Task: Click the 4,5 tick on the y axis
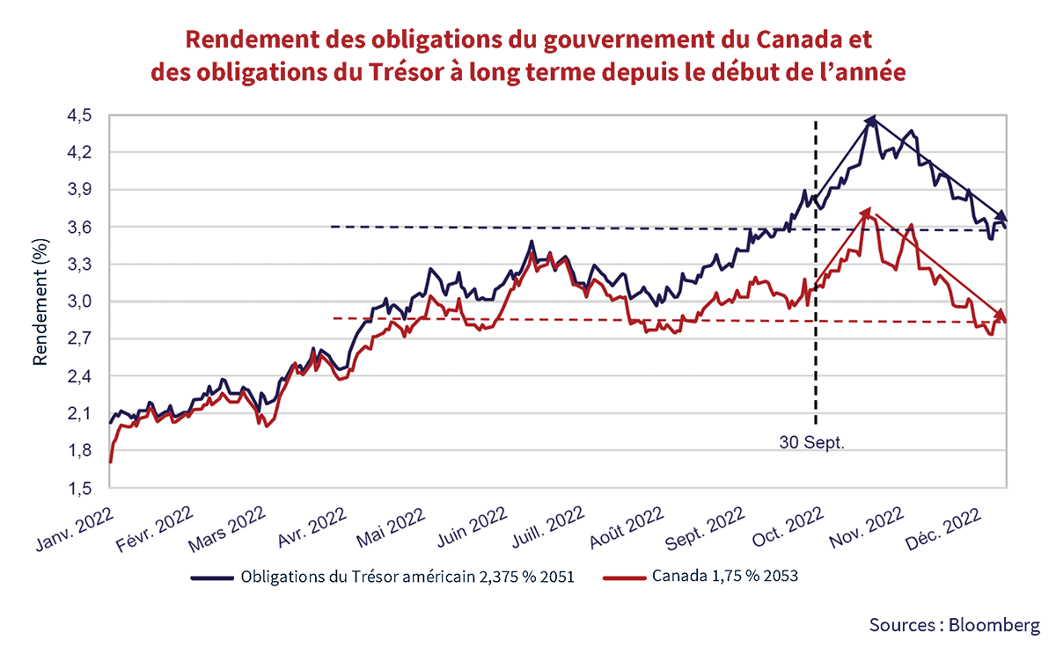[88, 115]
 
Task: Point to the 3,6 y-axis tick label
[88, 227]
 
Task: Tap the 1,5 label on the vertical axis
[88, 488]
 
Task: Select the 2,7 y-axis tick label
[88, 339]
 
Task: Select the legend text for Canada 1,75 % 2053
[727, 578]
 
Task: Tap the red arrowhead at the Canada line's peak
[867, 212]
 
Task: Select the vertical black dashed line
[816, 264]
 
